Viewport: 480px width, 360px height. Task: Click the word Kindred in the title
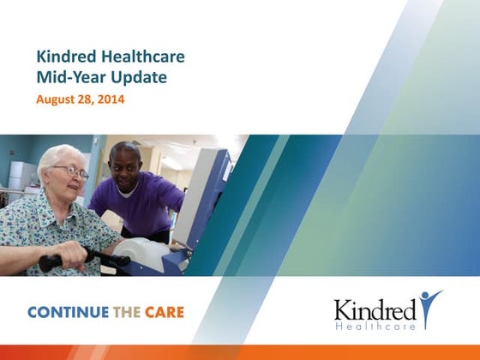(x=66, y=58)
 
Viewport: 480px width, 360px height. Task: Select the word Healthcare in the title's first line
(x=141, y=58)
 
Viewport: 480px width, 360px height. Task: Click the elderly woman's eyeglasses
(x=72, y=171)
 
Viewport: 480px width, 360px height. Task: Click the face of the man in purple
(x=126, y=165)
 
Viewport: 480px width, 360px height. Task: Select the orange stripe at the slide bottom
(x=240, y=352)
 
